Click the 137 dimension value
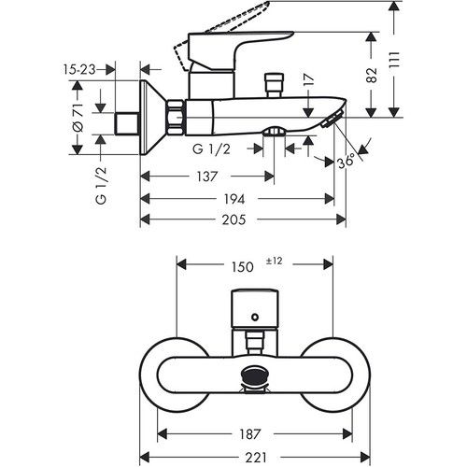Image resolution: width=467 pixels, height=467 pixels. (x=207, y=177)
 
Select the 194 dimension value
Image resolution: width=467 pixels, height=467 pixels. (x=234, y=199)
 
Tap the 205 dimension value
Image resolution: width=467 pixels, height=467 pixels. (x=233, y=219)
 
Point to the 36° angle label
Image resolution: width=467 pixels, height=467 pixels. (x=346, y=161)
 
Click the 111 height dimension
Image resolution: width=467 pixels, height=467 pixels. (x=393, y=60)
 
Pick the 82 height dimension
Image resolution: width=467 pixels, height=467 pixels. (x=371, y=75)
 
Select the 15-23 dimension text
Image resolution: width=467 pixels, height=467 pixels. (x=79, y=69)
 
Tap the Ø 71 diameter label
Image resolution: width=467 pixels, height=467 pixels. (x=78, y=118)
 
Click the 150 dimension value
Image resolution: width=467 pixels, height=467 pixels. (x=243, y=267)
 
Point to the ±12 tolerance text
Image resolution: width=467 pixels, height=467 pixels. (x=275, y=261)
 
